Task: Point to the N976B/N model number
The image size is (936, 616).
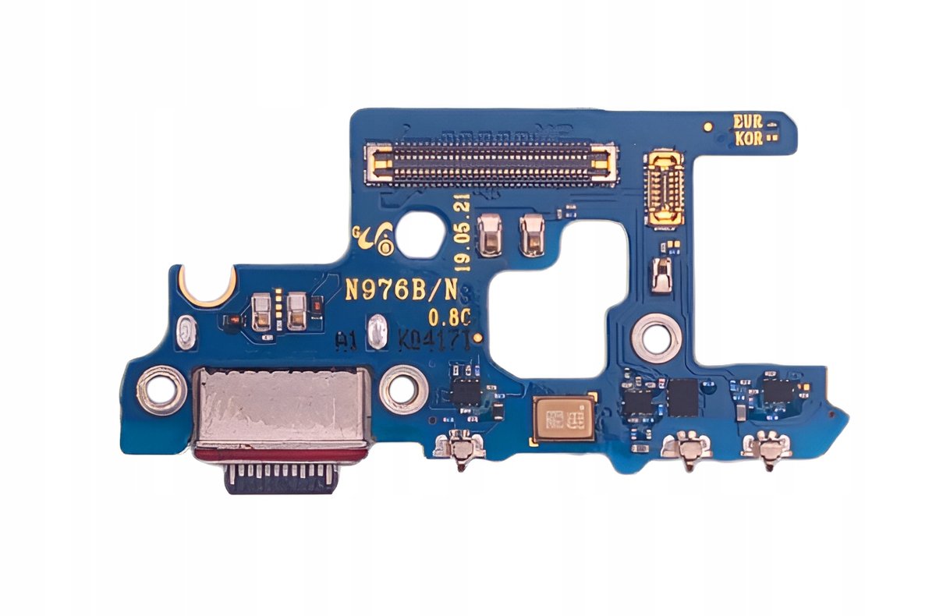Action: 401,290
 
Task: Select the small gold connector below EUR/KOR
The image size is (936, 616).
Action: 665,186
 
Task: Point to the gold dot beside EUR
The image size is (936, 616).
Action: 708,124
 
